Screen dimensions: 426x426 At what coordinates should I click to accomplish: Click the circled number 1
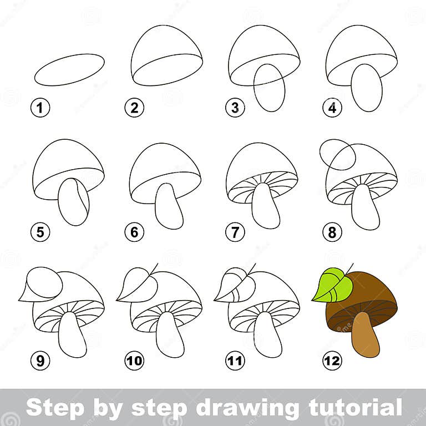[x=40, y=108]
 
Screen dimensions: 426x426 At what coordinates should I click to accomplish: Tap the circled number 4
[x=332, y=108]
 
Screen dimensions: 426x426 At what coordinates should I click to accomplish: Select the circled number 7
[x=235, y=233]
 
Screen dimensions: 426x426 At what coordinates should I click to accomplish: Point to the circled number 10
[x=134, y=362]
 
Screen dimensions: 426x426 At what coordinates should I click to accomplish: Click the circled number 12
[x=332, y=362]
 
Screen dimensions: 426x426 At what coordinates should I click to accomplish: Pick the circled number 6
[x=134, y=233]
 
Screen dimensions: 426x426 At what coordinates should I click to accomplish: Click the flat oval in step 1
[x=69, y=69]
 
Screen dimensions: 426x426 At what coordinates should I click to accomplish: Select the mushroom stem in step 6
[x=169, y=206]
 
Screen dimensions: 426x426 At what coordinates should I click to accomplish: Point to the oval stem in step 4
[x=367, y=88]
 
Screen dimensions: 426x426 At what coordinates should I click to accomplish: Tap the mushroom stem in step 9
[x=72, y=334]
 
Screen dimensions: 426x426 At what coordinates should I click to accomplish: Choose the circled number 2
[x=134, y=108]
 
